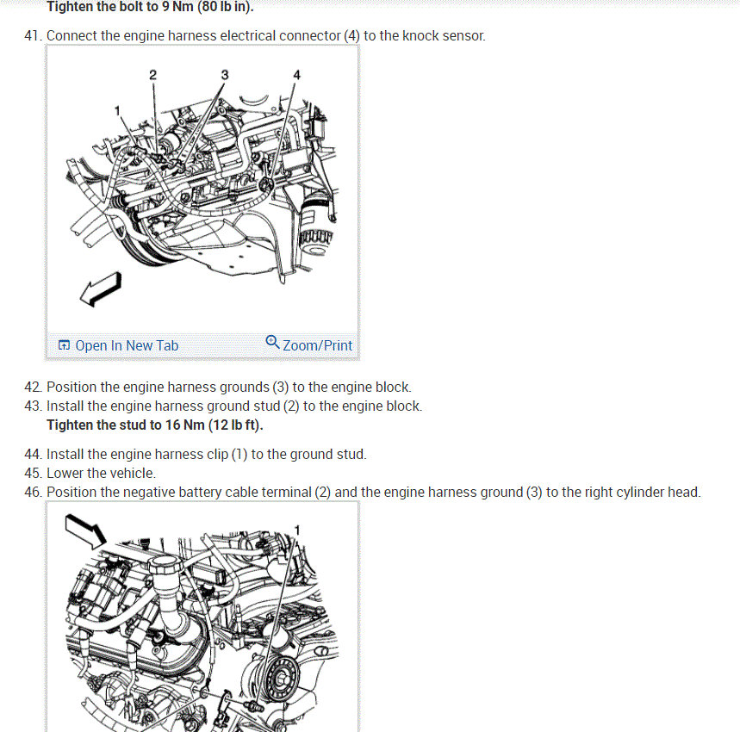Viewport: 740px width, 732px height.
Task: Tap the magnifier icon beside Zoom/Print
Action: [272, 342]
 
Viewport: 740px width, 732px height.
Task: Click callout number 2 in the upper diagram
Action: [152, 75]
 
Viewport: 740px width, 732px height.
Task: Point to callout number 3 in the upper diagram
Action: [225, 75]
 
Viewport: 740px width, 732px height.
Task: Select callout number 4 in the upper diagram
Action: [297, 75]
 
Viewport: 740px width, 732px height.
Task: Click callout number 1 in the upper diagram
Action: [117, 111]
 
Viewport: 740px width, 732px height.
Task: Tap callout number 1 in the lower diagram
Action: [297, 530]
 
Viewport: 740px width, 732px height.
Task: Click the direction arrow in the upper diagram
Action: [101, 288]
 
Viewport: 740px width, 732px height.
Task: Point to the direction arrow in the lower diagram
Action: [85, 531]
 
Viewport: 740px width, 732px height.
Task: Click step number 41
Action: [33, 36]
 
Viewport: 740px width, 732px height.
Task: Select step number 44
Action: [33, 454]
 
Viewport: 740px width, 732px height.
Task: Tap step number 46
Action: [33, 492]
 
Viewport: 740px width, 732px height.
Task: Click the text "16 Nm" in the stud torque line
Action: [184, 425]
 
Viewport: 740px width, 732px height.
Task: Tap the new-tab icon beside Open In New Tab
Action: [64, 345]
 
